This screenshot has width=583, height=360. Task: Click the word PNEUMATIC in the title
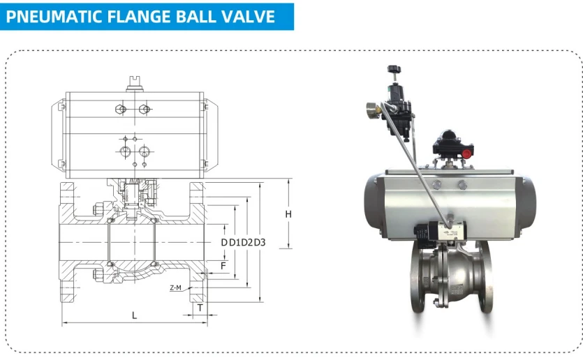(54, 17)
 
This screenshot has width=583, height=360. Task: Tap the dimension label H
(288, 214)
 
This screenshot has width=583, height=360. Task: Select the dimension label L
(134, 315)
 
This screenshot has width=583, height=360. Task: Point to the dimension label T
(200, 308)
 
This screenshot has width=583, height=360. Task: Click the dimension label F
(223, 266)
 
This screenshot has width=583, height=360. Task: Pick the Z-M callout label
(175, 287)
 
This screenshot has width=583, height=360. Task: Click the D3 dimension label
(260, 243)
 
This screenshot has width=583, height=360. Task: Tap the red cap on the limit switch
(467, 153)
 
